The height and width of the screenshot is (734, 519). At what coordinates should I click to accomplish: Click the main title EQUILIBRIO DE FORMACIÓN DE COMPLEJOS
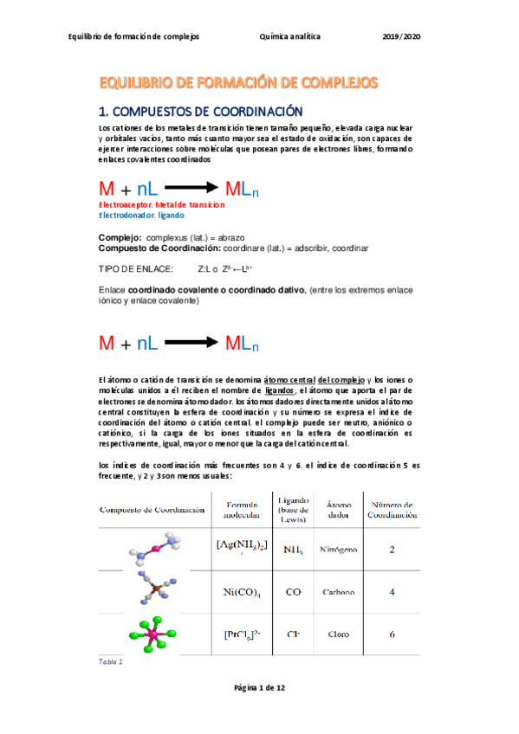(x=238, y=83)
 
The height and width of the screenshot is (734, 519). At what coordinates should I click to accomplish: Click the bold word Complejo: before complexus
(x=120, y=237)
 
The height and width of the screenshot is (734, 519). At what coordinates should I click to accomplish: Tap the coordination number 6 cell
(x=392, y=634)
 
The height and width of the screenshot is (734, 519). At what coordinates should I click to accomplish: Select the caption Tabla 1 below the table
(x=111, y=662)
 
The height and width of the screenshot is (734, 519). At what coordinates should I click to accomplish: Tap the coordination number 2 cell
(x=392, y=549)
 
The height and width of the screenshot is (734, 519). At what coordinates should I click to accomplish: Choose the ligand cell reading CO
(x=293, y=592)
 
